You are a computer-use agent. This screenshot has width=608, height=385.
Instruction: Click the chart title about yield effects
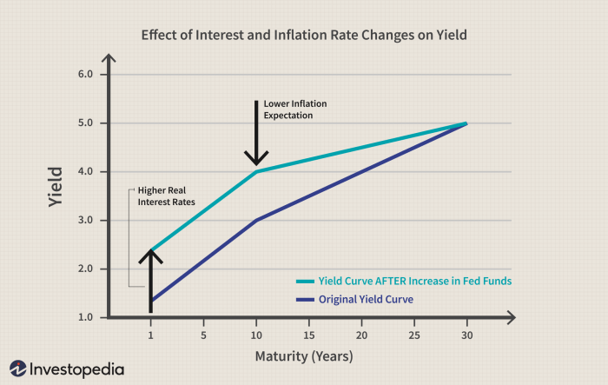pyautogui.click(x=303, y=37)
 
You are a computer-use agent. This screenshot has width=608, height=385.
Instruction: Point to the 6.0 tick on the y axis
pyautogui.click(x=86, y=75)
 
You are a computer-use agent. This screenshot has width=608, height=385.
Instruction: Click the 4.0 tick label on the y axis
pyautogui.click(x=86, y=172)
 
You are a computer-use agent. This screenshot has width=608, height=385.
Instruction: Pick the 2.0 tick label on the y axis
pyautogui.click(x=86, y=269)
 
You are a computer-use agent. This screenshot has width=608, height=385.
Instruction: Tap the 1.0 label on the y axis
pyautogui.click(x=86, y=317)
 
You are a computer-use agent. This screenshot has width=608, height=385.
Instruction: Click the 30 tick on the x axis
pyautogui.click(x=466, y=334)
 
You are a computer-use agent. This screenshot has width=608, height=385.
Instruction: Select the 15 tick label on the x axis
pyautogui.click(x=308, y=334)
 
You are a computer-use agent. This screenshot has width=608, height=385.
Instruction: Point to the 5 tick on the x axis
pyautogui.click(x=203, y=334)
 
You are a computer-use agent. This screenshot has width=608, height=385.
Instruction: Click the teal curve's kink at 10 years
pyautogui.click(x=256, y=171)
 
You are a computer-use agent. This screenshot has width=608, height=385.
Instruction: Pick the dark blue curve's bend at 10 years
pyautogui.click(x=256, y=220)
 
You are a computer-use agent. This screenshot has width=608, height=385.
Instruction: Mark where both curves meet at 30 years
pyautogui.click(x=466, y=123)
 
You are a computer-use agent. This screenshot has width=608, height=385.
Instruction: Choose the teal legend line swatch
pyautogui.click(x=305, y=282)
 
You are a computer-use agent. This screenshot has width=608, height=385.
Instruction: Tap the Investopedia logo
pyautogui.click(x=66, y=368)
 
